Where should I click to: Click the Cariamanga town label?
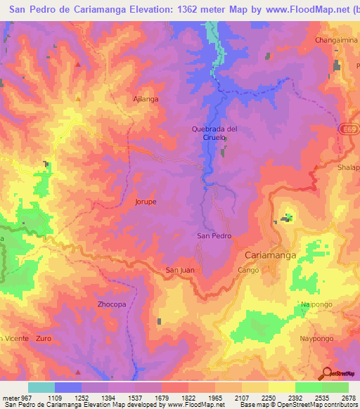click(x=270, y=256)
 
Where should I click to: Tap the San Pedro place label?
click(x=214, y=236)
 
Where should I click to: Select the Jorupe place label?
click(x=146, y=202)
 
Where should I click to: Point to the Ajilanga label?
click(x=146, y=99)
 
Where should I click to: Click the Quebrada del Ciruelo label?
click(x=214, y=133)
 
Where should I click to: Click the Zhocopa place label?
click(x=111, y=304)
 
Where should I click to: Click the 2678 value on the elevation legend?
click(x=349, y=398)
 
